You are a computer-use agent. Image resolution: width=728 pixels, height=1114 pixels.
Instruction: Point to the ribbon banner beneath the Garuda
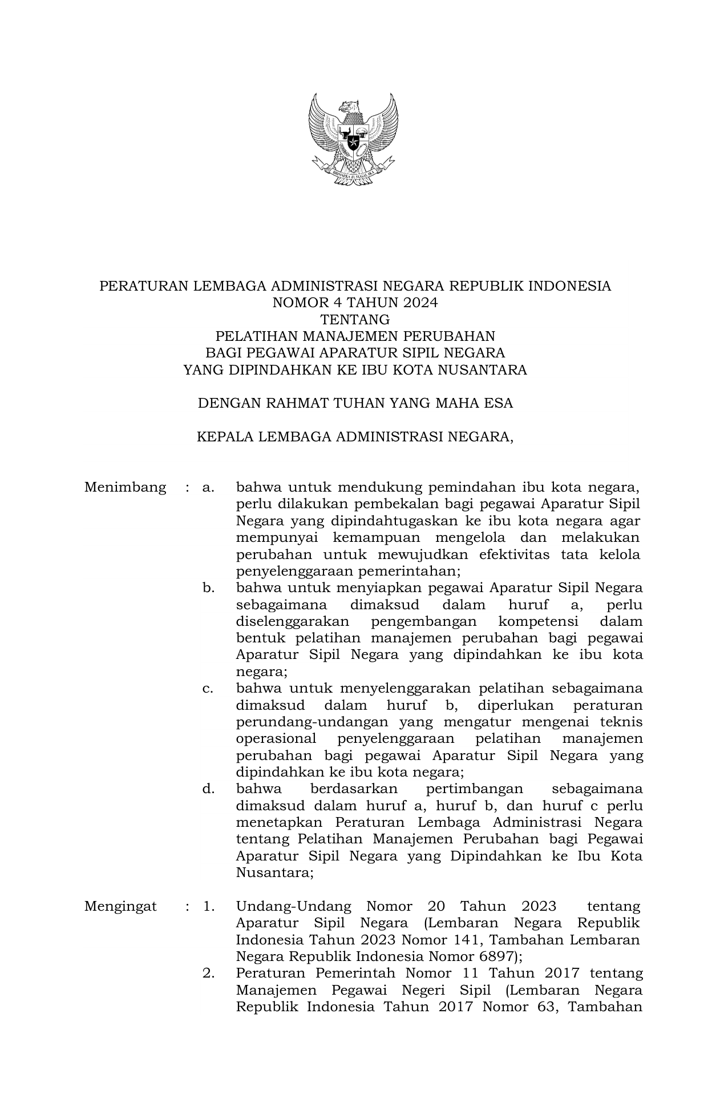point(353,171)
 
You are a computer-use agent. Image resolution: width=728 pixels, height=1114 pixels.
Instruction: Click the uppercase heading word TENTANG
point(355,319)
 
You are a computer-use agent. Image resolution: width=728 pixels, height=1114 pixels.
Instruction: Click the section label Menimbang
point(125,487)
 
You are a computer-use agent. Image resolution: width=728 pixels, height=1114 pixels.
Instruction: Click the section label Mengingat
point(120,906)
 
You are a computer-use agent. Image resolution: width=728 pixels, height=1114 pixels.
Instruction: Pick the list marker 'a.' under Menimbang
point(208,487)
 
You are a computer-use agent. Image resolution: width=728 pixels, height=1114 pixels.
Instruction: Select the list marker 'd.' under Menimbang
point(208,789)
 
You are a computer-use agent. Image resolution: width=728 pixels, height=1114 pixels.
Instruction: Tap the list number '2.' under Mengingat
point(208,973)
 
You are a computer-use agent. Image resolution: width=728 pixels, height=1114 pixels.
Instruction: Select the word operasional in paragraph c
point(276,738)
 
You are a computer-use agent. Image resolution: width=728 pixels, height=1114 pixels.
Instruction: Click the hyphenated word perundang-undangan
point(312,722)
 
